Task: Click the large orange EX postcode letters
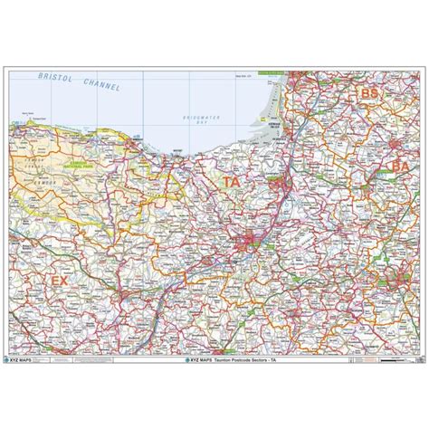(60, 282)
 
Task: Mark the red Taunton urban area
(247, 243)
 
